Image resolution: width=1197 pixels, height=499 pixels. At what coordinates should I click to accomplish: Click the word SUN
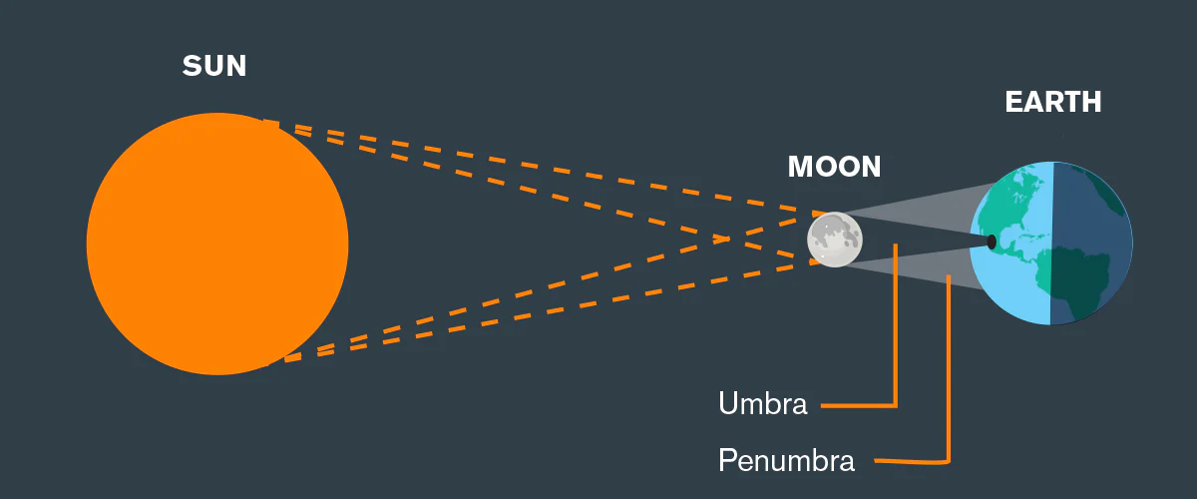pyautogui.click(x=214, y=67)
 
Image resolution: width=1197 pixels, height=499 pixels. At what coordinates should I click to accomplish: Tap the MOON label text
pyautogui.click(x=834, y=167)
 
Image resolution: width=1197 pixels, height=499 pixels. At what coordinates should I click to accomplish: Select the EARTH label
pyautogui.click(x=1052, y=102)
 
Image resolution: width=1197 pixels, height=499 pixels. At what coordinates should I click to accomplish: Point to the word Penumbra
pyautogui.click(x=786, y=461)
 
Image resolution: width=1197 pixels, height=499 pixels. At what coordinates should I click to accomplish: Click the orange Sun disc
pyautogui.click(x=217, y=244)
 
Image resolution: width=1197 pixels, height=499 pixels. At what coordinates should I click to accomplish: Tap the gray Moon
pyautogui.click(x=835, y=241)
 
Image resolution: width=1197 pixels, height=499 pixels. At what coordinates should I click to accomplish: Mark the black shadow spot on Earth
pyautogui.click(x=992, y=242)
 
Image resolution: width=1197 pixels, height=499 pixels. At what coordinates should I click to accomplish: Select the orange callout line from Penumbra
pyautogui.click(x=949, y=379)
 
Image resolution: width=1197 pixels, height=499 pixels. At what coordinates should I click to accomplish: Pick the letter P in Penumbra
pyautogui.click(x=726, y=461)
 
